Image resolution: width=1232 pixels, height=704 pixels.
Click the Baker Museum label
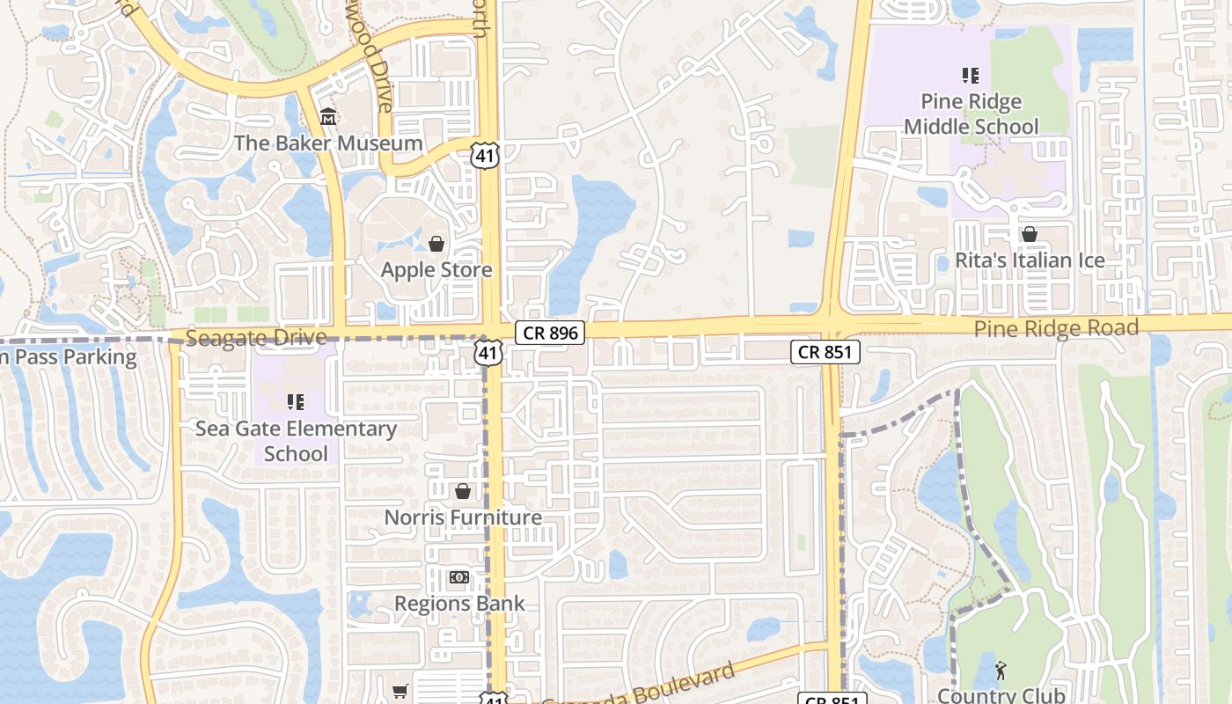pyautogui.click(x=328, y=143)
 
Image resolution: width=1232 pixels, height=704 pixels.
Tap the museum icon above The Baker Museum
pyautogui.click(x=328, y=116)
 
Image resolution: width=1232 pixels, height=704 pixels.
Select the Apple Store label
pyautogui.click(x=436, y=269)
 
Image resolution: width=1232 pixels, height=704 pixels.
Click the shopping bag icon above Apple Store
pyautogui.click(x=436, y=243)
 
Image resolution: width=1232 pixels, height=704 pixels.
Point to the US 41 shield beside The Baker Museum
pyautogui.click(x=485, y=157)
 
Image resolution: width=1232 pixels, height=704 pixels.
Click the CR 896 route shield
pyautogui.click(x=551, y=333)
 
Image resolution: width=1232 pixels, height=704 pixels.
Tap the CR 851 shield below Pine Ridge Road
pyautogui.click(x=825, y=352)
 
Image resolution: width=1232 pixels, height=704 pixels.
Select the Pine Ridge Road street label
pyautogui.click(x=1056, y=329)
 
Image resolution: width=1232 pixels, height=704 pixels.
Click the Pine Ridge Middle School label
pyautogui.click(x=972, y=114)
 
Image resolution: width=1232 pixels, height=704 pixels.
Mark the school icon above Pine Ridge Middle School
pyautogui.click(x=971, y=76)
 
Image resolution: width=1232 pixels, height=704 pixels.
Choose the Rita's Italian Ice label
pyautogui.click(x=1030, y=260)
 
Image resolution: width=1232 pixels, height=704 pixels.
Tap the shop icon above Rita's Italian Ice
pyautogui.click(x=1029, y=234)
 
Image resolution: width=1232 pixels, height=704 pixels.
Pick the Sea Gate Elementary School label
pyautogui.click(x=296, y=441)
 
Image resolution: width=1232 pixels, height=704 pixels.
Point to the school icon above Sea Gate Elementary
pyautogui.click(x=296, y=402)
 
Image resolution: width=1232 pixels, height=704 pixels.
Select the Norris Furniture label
pyautogui.click(x=463, y=517)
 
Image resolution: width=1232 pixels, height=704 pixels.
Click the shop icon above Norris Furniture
pyautogui.click(x=463, y=491)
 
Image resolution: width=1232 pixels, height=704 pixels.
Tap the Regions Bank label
pyautogui.click(x=459, y=604)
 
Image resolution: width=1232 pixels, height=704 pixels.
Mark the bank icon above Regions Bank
pyautogui.click(x=458, y=577)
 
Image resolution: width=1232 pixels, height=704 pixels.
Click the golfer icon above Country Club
pyautogui.click(x=1001, y=671)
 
